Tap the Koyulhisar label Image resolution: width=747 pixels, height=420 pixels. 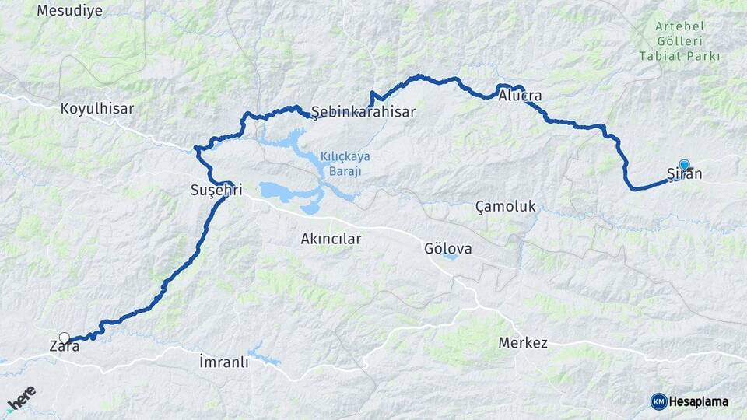97,109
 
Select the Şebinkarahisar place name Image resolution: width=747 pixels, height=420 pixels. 363,112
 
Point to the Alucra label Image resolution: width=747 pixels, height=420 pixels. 521,96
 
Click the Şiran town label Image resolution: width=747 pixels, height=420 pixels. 685,174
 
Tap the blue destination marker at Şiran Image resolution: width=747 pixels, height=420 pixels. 684,164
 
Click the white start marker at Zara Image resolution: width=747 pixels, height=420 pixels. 65,338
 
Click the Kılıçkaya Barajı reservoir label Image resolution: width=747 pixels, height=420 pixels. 345,163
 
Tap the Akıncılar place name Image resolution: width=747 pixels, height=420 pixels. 331,239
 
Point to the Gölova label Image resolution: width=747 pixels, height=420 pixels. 448,249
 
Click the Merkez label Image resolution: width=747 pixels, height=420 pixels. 524,343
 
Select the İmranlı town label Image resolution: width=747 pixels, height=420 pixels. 223,362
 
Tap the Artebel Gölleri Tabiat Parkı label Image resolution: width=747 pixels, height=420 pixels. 679,41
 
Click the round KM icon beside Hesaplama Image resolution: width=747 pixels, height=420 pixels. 658,401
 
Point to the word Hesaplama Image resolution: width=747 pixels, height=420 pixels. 699,401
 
